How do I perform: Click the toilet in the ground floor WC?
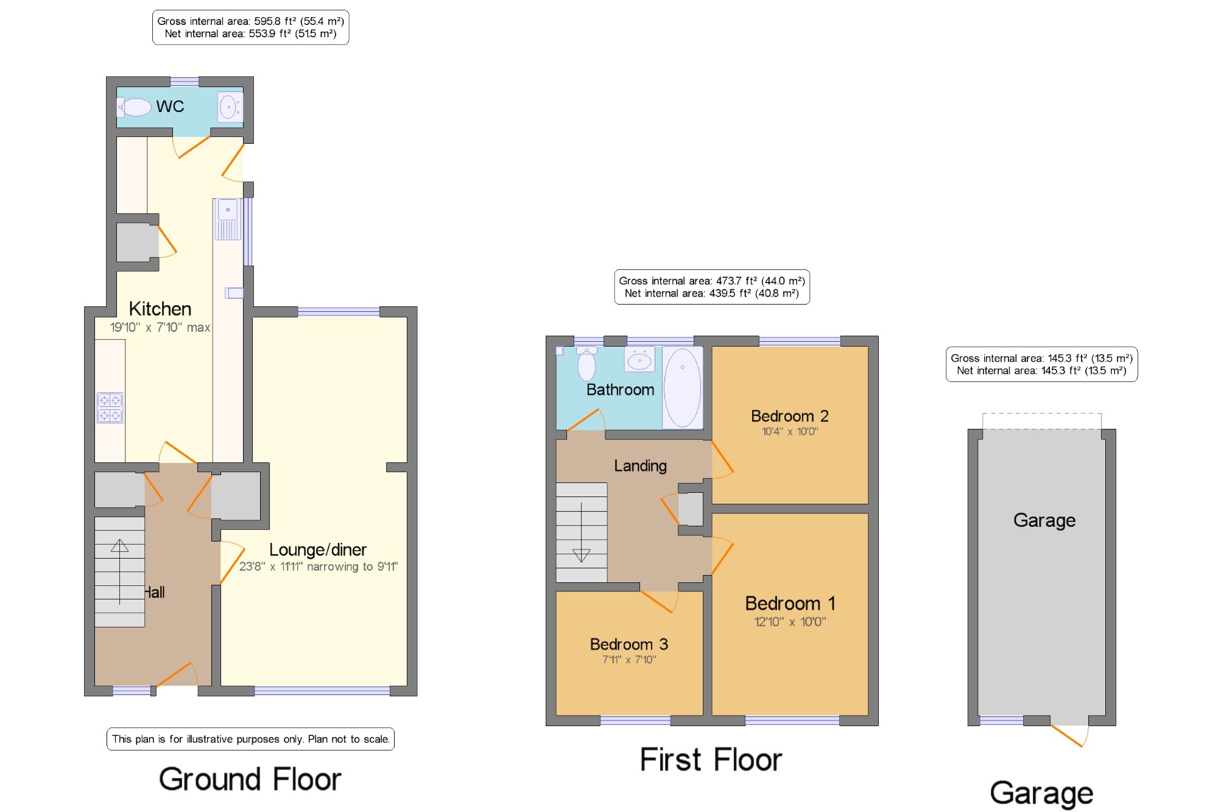pyautogui.click(x=134, y=107)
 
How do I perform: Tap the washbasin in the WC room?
pyautogui.click(x=230, y=107)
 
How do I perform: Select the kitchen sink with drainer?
pyautogui.click(x=228, y=219)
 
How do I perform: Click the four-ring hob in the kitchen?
pyautogui.click(x=110, y=408)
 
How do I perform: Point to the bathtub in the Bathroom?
pyautogui.click(x=682, y=388)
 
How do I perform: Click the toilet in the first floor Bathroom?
pyautogui.click(x=586, y=363)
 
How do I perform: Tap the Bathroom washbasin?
pyautogui.click(x=639, y=359)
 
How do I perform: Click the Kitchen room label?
pyautogui.click(x=160, y=309)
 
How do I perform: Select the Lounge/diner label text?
pyautogui.click(x=318, y=550)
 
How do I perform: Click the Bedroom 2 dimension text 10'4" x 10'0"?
pyautogui.click(x=790, y=432)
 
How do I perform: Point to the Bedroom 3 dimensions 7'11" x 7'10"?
pyautogui.click(x=629, y=660)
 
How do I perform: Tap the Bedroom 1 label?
pyautogui.click(x=790, y=604)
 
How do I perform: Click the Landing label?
pyautogui.click(x=640, y=466)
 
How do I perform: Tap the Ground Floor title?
pyautogui.click(x=250, y=779)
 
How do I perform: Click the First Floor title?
pyautogui.click(x=711, y=760)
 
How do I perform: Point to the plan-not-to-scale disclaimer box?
pyautogui.click(x=250, y=739)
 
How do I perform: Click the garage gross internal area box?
pyautogui.click(x=1041, y=364)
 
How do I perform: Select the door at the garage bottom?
pyautogui.click(x=1069, y=734)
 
